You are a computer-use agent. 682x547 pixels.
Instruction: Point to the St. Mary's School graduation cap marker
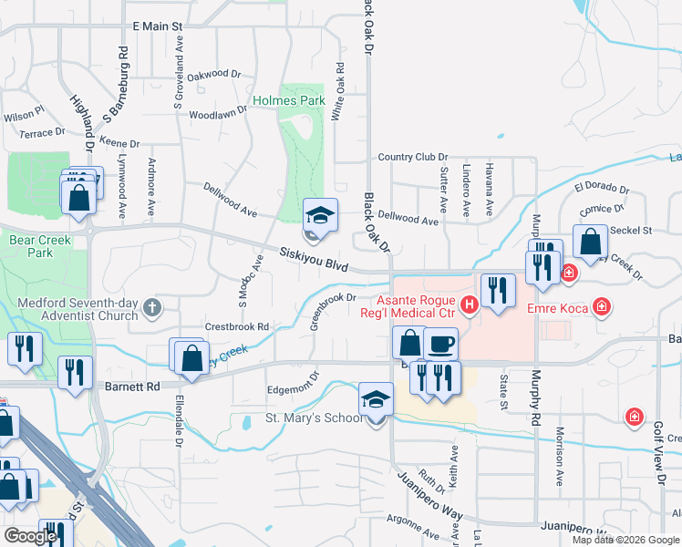pos(376,400)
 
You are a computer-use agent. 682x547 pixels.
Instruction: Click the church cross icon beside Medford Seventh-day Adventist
pos(151,308)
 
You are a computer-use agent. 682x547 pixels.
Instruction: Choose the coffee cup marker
pos(441,344)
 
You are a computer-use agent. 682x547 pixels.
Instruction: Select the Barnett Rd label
pos(132,386)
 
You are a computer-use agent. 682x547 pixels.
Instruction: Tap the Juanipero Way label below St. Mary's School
pos(428,491)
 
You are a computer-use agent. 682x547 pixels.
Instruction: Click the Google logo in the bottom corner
pos(30,535)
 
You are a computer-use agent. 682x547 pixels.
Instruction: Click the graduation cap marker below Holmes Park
pos(320,216)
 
